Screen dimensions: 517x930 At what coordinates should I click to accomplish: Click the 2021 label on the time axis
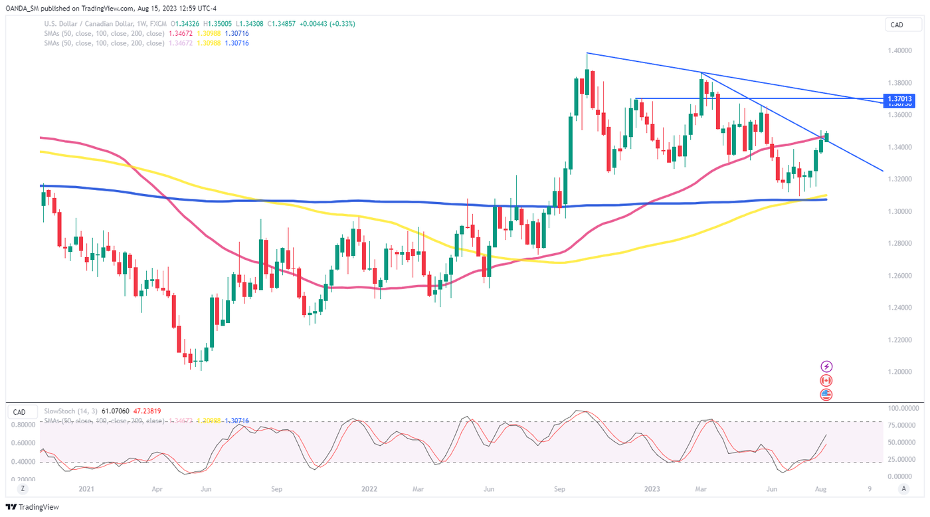pos(86,489)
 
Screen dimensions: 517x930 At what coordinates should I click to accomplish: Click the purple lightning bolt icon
pos(826,367)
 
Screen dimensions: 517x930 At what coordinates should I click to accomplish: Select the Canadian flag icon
pos(826,381)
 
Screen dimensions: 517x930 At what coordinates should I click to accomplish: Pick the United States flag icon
pos(826,395)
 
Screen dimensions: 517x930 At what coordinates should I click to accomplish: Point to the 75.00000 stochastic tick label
pos(901,425)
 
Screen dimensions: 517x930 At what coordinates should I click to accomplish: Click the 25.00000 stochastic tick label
pos(901,460)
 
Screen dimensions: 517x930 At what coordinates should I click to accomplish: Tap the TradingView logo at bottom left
pos(34,507)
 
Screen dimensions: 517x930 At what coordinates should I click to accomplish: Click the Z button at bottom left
pos(23,489)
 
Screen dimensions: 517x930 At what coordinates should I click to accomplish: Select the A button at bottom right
pos(903,489)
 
